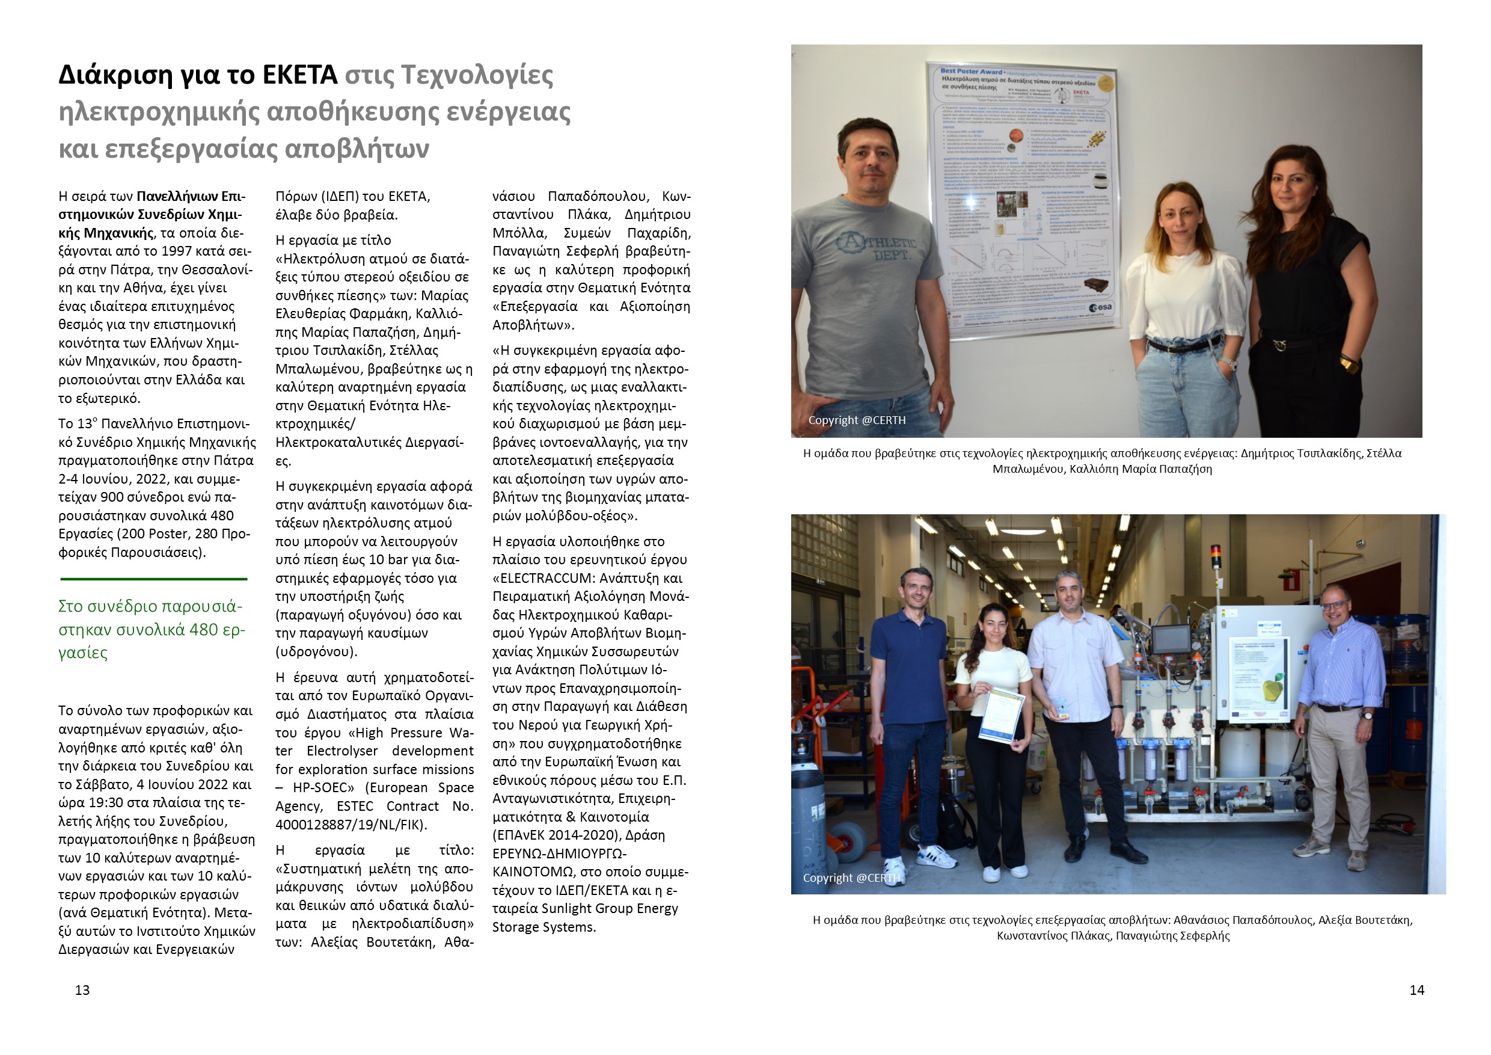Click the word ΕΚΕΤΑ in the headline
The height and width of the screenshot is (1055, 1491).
(299, 75)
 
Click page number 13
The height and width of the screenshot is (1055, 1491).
(82, 990)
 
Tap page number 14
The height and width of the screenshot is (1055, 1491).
(1416, 990)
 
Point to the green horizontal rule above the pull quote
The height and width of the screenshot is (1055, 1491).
(154, 578)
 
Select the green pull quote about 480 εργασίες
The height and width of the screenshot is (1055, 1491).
(152, 629)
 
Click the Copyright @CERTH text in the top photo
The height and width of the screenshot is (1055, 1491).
(857, 420)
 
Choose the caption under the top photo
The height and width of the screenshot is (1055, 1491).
(1102, 461)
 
